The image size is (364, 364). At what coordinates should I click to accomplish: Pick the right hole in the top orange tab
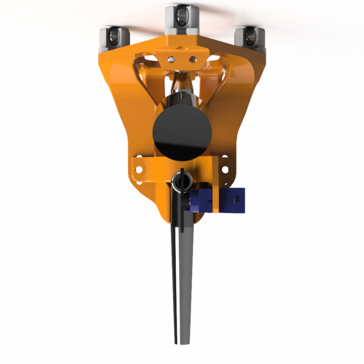click(x=193, y=59)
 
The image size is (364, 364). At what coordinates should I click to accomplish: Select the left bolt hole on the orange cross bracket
click(x=140, y=170)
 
